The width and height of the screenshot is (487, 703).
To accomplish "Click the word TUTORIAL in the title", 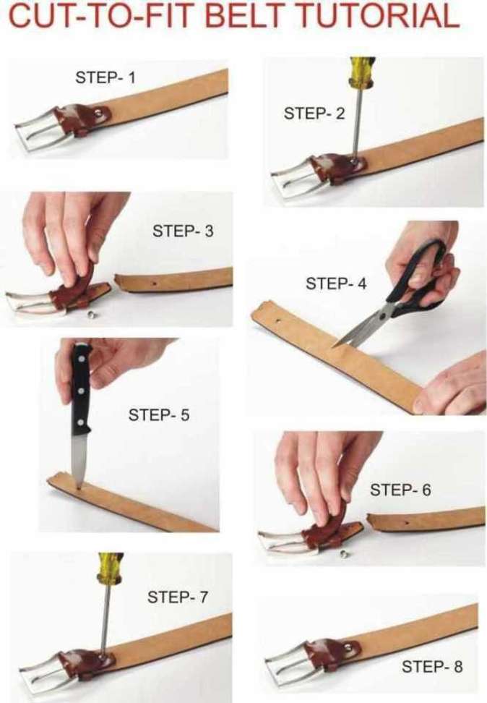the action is pos(379,16).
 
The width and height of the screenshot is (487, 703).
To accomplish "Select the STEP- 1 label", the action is pos(105,77).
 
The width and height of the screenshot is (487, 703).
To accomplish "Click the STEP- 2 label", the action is pos(314,114).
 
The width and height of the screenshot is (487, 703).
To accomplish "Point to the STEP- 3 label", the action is pos(183,231).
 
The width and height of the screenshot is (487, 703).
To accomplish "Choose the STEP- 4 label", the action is pos(336,284).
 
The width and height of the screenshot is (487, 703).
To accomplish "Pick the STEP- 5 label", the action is pos(159,414).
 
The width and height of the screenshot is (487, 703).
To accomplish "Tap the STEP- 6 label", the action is pos(400,490).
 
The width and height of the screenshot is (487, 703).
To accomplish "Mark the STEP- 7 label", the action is pos(178,597).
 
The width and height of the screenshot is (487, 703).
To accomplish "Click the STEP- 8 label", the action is pos(432,667).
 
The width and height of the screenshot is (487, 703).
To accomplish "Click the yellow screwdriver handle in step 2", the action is pos(361,72).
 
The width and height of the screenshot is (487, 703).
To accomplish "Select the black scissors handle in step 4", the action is pos(419,278).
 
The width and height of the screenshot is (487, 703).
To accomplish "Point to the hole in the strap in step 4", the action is pos(277,321).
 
